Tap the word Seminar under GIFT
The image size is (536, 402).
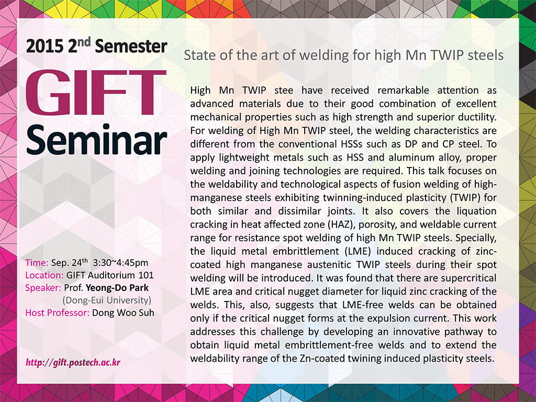(97, 139)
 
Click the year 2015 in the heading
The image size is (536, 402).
(44, 47)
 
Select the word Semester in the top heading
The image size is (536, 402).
(131, 47)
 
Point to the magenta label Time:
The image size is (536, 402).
(37, 263)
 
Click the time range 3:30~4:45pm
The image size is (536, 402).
(121, 263)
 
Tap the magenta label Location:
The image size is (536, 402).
(44, 275)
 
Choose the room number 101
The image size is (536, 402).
(146, 275)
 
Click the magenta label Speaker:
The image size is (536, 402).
(43, 288)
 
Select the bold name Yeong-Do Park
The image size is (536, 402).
(117, 288)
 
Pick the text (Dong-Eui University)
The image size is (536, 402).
(107, 300)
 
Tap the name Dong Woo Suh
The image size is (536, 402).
(123, 313)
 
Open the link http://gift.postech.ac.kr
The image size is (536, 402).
(73, 362)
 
